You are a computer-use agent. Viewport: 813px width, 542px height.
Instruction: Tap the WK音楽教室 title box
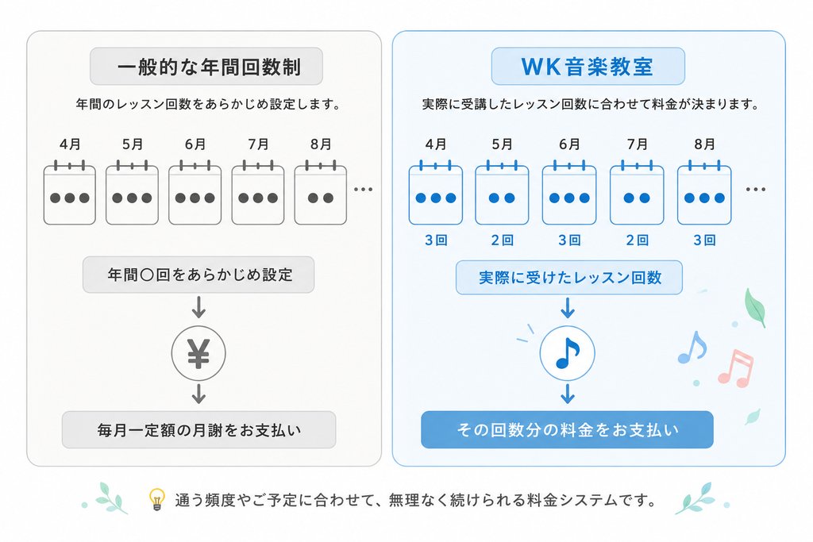588,67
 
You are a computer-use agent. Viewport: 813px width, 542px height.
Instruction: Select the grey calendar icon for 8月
321,193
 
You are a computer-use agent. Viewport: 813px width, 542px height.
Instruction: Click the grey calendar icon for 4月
70,193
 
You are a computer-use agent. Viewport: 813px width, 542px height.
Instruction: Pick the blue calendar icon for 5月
502,193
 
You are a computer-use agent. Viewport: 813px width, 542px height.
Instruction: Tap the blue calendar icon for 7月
637,193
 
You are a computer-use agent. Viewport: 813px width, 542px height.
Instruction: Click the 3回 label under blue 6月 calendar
569,240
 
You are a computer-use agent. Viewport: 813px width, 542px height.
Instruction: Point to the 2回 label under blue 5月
502,240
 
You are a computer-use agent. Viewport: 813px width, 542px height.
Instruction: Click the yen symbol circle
198,353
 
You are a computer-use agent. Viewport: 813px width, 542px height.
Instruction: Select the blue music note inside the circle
567,353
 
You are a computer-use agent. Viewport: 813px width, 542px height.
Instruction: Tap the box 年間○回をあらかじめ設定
198,275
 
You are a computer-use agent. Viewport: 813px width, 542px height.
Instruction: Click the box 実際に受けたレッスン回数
569,278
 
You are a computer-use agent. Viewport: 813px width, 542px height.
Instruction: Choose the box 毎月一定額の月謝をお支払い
199,430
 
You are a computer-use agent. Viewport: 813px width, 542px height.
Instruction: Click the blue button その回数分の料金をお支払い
567,430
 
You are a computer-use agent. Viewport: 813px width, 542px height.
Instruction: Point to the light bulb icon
156,499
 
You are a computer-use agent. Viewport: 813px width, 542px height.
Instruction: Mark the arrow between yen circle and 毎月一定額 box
198,394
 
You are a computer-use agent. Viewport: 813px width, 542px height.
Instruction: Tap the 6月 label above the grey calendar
195,144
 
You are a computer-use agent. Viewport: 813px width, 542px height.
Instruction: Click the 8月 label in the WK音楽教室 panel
705,144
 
